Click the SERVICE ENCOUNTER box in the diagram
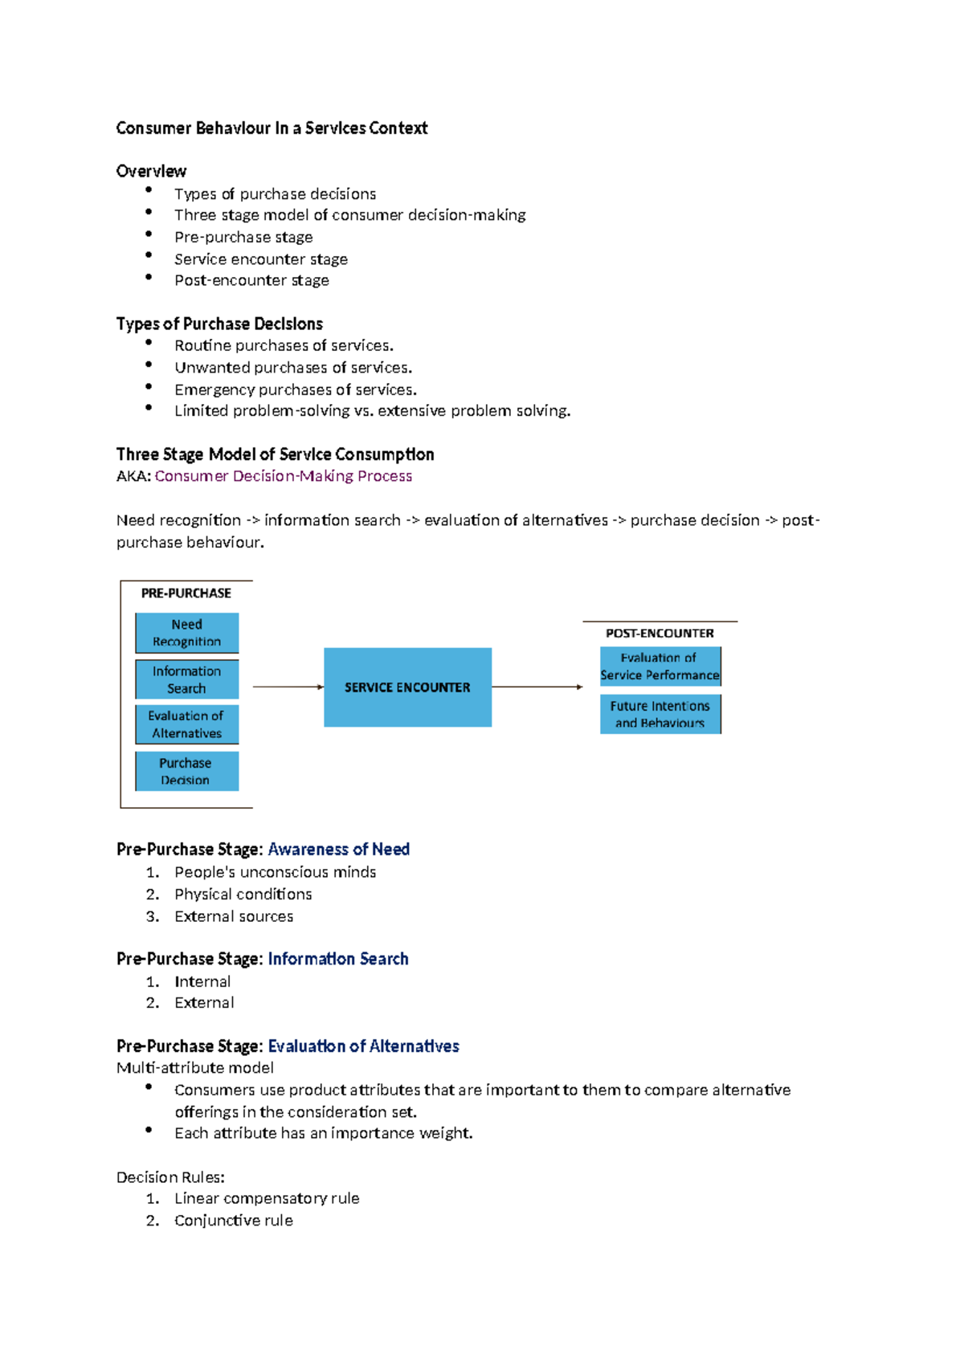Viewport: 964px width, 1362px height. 407,687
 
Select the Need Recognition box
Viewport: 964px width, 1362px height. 186,633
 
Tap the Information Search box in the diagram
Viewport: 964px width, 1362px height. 186,679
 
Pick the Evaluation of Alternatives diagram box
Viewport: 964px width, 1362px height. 186,724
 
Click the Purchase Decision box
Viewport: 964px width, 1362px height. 186,771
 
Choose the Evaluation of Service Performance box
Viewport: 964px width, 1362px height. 660,667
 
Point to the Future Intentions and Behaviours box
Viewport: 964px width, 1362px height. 660,714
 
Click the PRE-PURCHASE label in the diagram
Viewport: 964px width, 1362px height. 186,593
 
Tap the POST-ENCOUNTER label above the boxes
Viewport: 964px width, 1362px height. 660,634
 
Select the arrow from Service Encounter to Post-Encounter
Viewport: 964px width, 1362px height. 537,687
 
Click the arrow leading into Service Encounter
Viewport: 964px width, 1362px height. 288,687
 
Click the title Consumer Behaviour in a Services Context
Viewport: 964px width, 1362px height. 272,128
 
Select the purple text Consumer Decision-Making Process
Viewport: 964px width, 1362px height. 283,476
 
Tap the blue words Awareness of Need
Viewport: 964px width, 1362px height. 338,850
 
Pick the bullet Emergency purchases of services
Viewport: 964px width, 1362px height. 295,390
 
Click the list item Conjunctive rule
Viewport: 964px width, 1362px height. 233,1221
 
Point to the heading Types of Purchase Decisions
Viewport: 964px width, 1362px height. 219,324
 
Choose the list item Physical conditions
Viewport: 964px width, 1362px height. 243,895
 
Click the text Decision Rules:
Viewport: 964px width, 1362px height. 170,1177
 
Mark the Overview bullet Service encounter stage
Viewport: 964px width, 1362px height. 260,259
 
